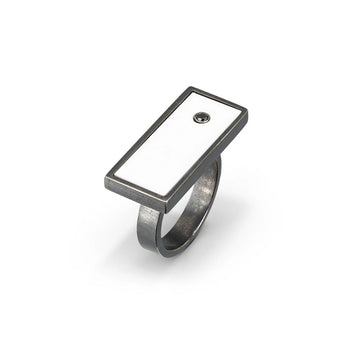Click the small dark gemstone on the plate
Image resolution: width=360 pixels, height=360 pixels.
[203, 117]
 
